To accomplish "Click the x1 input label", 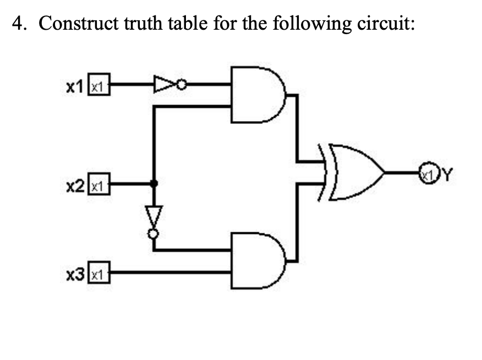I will click(74, 86).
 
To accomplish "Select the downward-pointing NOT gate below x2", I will click(154, 216).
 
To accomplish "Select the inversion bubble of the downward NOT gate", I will click(155, 233).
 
